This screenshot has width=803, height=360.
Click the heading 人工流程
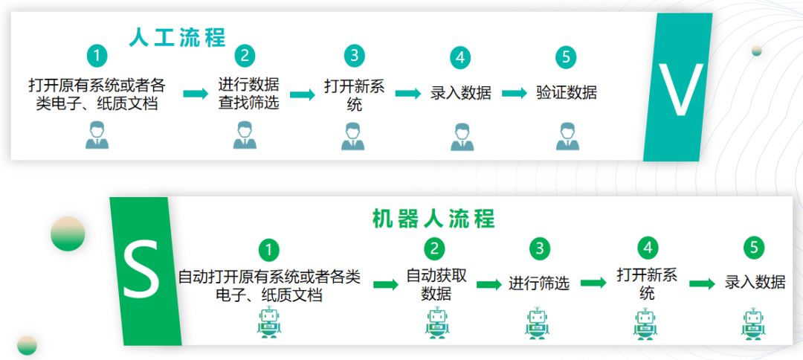(x=177, y=37)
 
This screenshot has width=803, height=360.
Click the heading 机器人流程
(x=433, y=219)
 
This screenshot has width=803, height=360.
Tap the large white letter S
(x=141, y=273)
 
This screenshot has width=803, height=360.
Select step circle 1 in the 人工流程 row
(x=97, y=56)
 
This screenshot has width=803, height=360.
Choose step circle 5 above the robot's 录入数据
(x=754, y=248)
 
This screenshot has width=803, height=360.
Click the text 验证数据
(x=566, y=93)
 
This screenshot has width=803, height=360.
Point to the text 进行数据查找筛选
(x=248, y=94)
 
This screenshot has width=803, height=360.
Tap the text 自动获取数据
(x=436, y=284)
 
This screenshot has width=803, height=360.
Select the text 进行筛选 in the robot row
(x=539, y=283)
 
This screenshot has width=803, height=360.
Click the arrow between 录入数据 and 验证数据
(x=514, y=94)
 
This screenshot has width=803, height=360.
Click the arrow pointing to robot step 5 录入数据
(x=702, y=284)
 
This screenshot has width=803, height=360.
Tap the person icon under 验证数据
(x=567, y=137)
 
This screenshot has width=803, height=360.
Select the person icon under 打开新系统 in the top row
(x=354, y=137)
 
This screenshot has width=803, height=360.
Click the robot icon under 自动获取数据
(x=437, y=324)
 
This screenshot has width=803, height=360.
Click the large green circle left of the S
(x=68, y=234)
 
